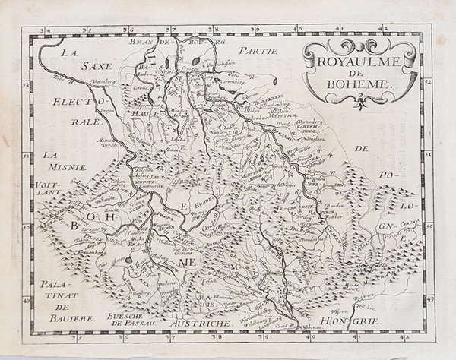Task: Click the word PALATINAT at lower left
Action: (56, 295)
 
